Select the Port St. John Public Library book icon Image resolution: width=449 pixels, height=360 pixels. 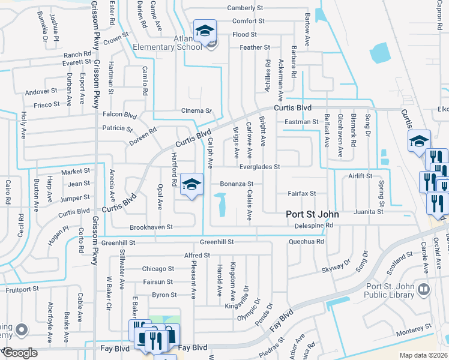[x=424, y=290]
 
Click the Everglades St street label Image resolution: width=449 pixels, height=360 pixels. [x=260, y=167]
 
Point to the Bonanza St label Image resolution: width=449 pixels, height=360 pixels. [x=237, y=184]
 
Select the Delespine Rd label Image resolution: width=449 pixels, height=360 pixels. [x=313, y=226]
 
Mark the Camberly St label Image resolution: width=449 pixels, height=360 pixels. [x=246, y=8]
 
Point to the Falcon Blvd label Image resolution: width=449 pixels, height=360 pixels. [x=120, y=115]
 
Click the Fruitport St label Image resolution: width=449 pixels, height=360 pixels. [x=19, y=289]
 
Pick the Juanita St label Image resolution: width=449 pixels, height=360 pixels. [x=368, y=212]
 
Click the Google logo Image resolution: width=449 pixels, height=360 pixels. [x=20, y=353]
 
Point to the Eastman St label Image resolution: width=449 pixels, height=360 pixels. [x=301, y=122]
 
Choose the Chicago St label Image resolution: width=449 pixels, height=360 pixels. [x=158, y=269]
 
